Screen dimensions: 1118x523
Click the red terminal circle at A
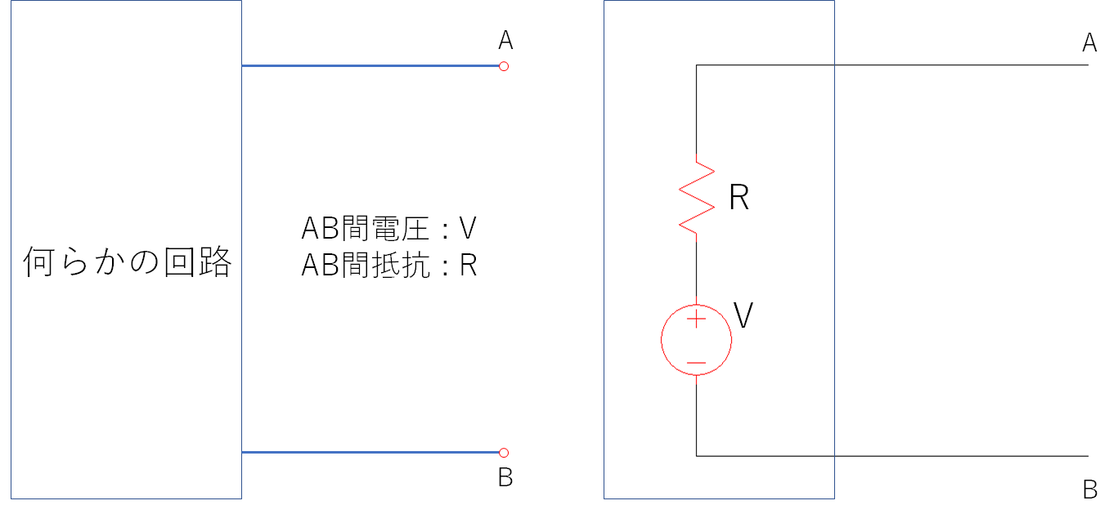tap(504, 66)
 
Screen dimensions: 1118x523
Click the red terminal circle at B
tap(504, 453)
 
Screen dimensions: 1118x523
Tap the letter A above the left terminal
tap(505, 40)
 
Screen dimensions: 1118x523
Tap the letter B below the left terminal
tap(505, 477)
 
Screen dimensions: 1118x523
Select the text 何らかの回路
tap(128, 261)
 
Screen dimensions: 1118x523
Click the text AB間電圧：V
tap(388, 228)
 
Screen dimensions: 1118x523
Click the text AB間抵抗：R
tap(388, 265)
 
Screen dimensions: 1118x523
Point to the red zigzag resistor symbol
tap(697, 198)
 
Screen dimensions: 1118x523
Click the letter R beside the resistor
tap(739, 197)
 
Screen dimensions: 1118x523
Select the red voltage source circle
tap(662, 340)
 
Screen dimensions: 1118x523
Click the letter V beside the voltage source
tap(743, 315)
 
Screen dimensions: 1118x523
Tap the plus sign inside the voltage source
tap(696, 319)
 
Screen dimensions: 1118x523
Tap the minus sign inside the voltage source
tap(696, 363)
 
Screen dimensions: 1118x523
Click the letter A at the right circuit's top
tap(1089, 42)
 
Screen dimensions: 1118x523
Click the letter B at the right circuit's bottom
tap(1090, 489)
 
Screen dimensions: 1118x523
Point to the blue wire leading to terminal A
tap(370, 66)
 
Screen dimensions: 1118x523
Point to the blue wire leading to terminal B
tap(370, 452)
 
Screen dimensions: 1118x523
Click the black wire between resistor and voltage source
tap(696, 269)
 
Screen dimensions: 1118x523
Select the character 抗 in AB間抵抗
tap(415, 265)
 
